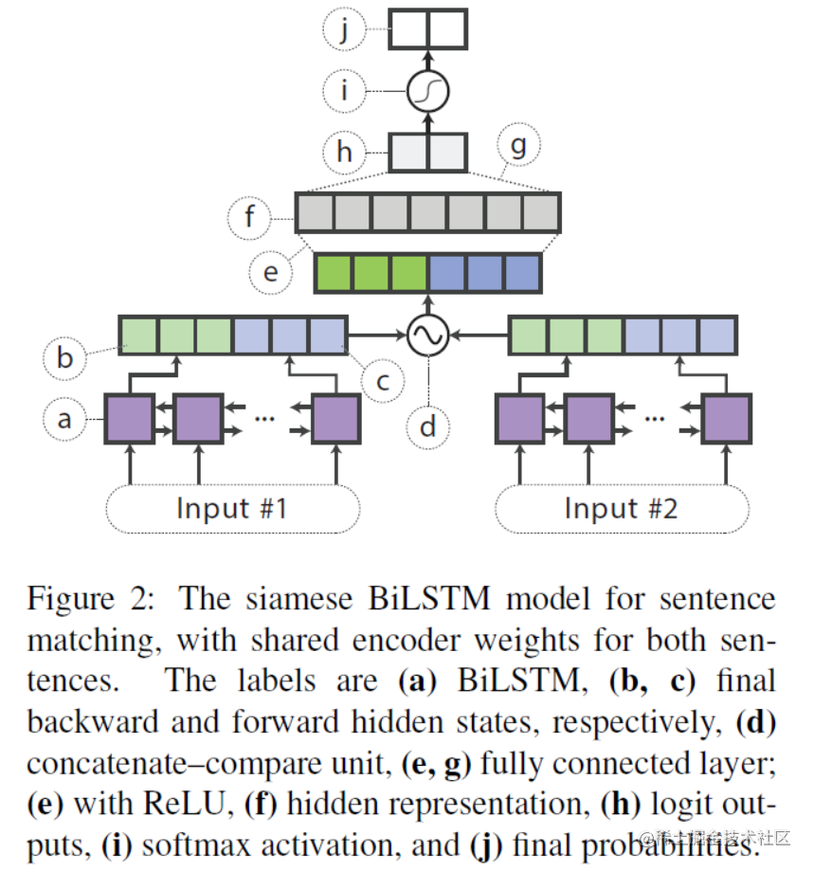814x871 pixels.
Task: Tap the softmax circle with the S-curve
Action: (x=427, y=91)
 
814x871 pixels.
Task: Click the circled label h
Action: (x=343, y=151)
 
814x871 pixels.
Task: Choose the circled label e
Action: (x=271, y=272)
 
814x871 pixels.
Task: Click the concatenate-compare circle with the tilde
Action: (x=427, y=335)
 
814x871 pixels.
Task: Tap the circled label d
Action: (x=428, y=426)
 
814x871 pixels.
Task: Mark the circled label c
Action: (x=383, y=382)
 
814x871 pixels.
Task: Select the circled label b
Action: (x=64, y=359)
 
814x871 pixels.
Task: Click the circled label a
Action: (x=64, y=418)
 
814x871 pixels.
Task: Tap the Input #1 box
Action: (x=231, y=509)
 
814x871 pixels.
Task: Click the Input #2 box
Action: (x=621, y=509)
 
